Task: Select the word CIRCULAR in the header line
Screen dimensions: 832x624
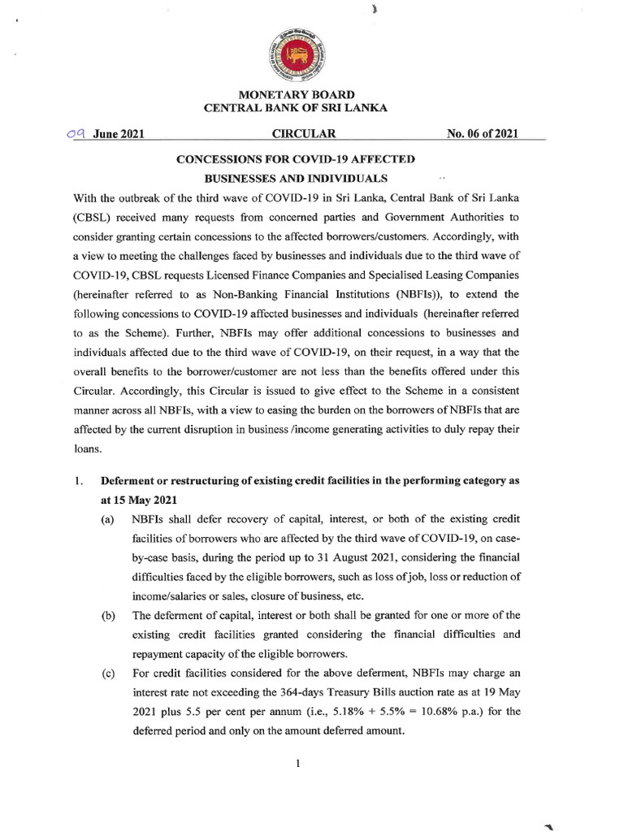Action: (301, 135)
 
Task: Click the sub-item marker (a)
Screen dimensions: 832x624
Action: (107, 519)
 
